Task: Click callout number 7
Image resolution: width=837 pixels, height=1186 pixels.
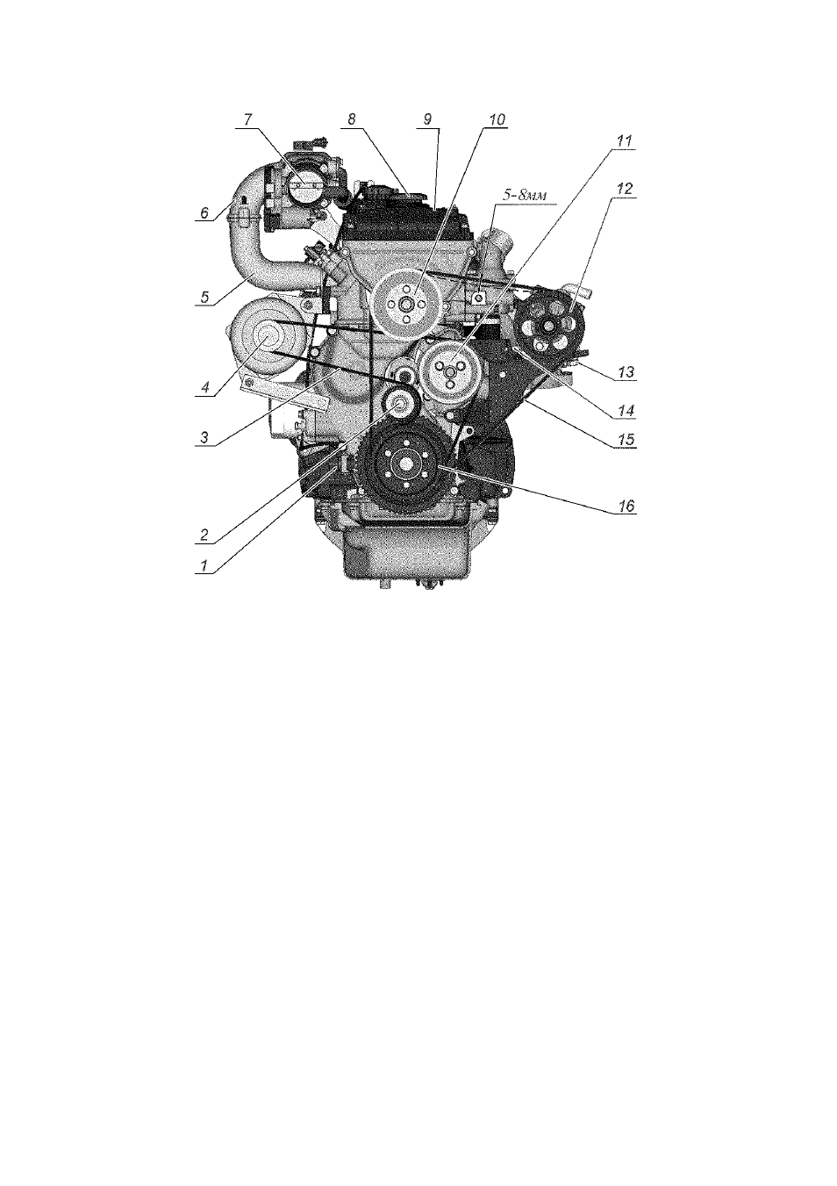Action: click(247, 119)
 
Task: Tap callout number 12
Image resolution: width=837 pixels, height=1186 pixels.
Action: click(626, 189)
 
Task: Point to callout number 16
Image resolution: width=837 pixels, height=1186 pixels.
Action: click(626, 506)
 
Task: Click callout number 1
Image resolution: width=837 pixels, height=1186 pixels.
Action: click(203, 565)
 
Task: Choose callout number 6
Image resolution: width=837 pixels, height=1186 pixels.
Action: click(204, 212)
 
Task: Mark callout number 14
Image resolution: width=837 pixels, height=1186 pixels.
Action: click(626, 410)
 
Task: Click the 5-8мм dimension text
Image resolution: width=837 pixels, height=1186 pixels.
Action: click(525, 195)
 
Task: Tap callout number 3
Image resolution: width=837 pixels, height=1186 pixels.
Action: click(204, 438)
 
